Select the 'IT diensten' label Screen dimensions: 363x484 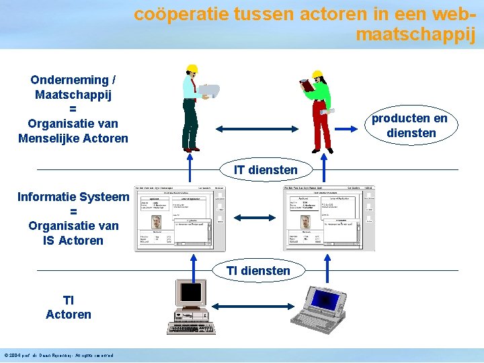[x=265, y=170]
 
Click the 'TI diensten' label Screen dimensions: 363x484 [x=258, y=271]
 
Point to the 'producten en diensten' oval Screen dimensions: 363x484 [x=410, y=126]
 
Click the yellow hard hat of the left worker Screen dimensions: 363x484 [x=192, y=69]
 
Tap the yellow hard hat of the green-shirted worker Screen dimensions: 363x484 [x=317, y=74]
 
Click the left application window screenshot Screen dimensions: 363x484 [x=179, y=218]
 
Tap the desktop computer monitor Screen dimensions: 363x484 [x=190, y=293]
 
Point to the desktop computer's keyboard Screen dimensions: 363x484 [x=188, y=329]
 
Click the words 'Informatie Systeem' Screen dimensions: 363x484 [x=73, y=197]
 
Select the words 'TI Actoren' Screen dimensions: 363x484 [x=69, y=307]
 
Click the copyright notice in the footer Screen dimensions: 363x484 [x=58, y=356]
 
